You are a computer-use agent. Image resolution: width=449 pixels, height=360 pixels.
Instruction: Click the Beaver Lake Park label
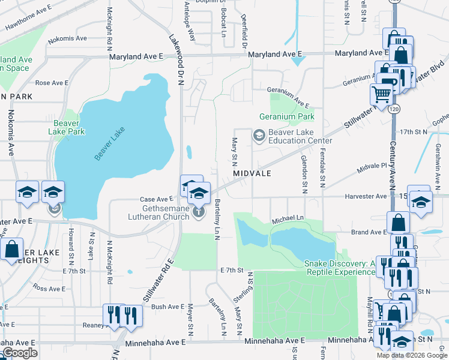click(x=67, y=127)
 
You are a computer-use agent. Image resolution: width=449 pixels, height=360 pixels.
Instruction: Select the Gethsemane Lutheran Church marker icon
click(x=199, y=212)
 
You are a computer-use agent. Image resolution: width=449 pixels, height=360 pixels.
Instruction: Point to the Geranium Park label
click(x=286, y=116)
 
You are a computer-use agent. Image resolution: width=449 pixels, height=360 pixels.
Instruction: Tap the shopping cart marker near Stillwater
click(x=381, y=94)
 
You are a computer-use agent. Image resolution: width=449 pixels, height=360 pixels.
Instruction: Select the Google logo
click(x=19, y=353)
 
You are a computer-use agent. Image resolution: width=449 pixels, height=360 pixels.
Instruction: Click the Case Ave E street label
click(x=156, y=199)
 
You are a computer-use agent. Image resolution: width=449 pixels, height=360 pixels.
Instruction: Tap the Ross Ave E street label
click(x=49, y=289)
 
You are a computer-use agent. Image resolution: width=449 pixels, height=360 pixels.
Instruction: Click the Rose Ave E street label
click(x=51, y=83)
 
